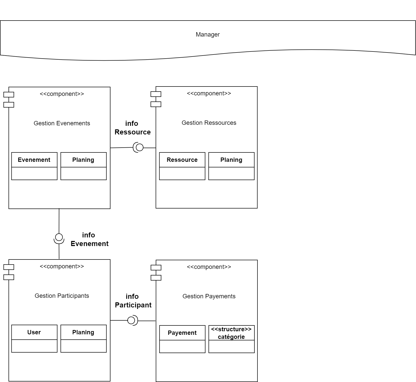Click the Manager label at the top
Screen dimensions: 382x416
[x=207, y=34]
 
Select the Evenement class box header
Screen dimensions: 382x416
[x=34, y=160]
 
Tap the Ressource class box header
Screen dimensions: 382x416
[x=182, y=160]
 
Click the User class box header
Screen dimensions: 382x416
[x=34, y=332]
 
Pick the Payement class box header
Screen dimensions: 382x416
[x=182, y=333]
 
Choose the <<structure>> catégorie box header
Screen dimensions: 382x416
[x=231, y=333]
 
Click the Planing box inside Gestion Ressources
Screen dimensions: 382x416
[x=231, y=160]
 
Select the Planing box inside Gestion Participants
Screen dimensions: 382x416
[x=83, y=332]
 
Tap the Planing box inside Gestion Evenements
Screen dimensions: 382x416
[x=83, y=160]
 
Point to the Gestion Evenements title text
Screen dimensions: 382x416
[x=62, y=123]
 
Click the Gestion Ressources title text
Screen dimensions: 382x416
[x=209, y=123]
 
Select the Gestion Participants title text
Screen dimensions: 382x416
[x=62, y=296]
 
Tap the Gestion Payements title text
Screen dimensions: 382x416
[x=209, y=296]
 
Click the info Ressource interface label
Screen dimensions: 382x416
[x=132, y=128]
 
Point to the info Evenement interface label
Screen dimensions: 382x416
[x=89, y=239]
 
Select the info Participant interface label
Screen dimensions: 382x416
[x=133, y=301]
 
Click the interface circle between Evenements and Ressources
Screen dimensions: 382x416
[x=139, y=147]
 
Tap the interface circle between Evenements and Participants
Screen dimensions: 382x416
[x=59, y=237]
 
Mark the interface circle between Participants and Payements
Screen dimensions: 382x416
[x=131, y=321]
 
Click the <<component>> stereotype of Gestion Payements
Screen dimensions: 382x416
[x=209, y=267]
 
